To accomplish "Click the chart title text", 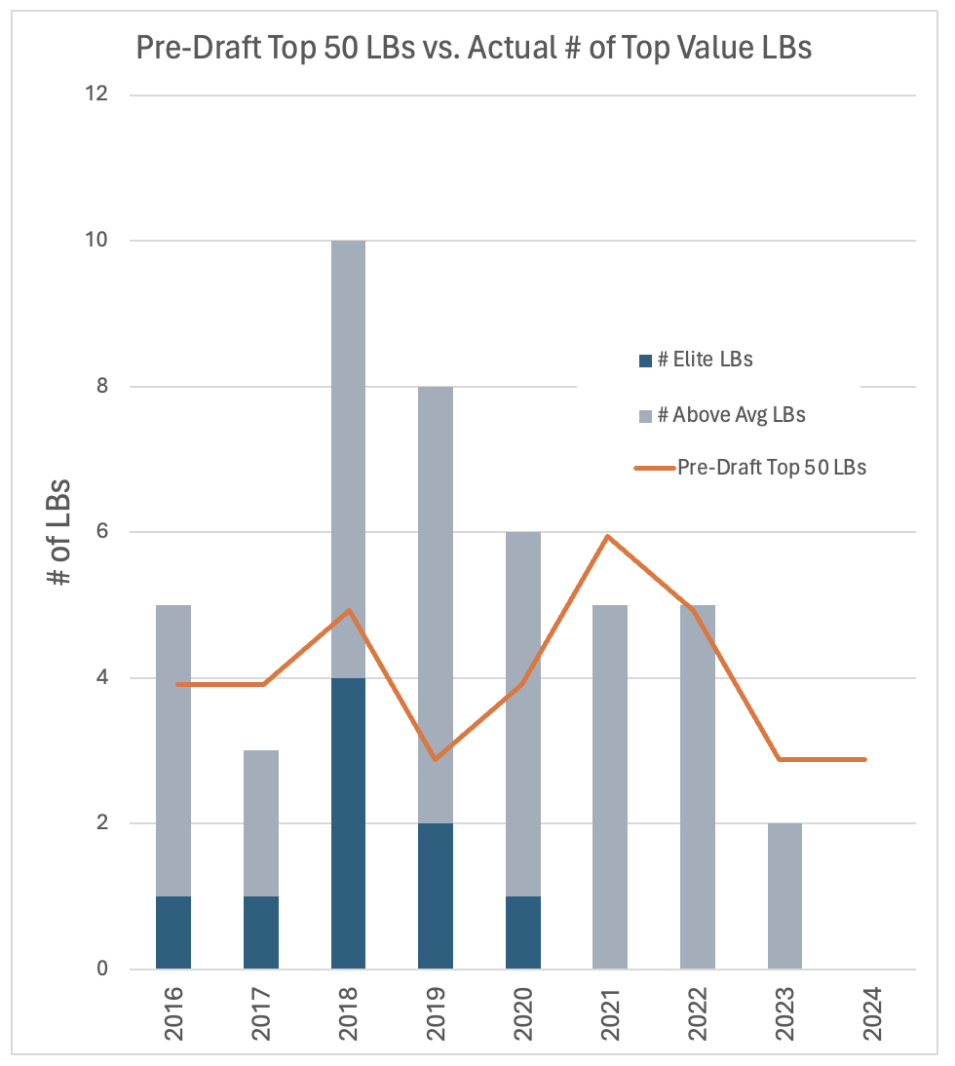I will tap(474, 49).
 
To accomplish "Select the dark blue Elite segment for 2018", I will tap(348, 823).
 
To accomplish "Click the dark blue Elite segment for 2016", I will tap(173, 933).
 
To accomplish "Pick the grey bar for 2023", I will tap(784, 896).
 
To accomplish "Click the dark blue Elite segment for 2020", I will tap(523, 933).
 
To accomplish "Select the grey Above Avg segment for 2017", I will tap(261, 823).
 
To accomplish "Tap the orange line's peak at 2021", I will tap(608, 537).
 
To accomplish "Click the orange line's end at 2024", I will tap(864, 759).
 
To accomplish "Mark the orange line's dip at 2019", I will tap(435, 759).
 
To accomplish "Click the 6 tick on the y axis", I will tap(101, 532).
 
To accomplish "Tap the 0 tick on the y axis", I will tap(101, 970).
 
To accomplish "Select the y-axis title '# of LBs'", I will tap(60, 532).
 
